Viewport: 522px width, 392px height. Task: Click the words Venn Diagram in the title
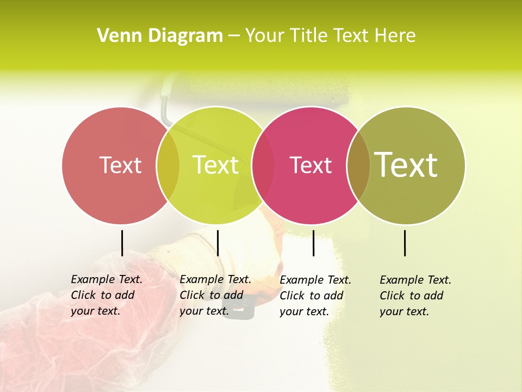[x=160, y=36]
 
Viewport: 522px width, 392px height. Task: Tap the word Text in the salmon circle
[x=120, y=165]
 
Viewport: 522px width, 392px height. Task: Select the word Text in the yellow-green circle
[x=215, y=165]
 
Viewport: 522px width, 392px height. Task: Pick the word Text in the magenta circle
[x=310, y=165]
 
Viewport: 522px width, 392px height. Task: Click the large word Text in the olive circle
[x=406, y=164]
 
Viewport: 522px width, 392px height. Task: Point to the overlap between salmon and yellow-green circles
[x=168, y=165]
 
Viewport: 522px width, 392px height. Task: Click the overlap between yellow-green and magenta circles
[x=263, y=165]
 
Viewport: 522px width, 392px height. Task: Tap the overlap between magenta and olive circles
[x=358, y=165]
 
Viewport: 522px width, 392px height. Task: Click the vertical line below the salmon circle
[x=122, y=243]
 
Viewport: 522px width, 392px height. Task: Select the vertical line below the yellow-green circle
[x=217, y=243]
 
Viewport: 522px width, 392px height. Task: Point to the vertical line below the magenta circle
[x=313, y=243]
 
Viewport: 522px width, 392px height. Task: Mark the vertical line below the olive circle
[x=405, y=243]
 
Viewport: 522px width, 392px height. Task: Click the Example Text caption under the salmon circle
[x=107, y=295]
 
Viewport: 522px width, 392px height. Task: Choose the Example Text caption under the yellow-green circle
[x=215, y=295]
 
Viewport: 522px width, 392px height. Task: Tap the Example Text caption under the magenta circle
[x=315, y=296]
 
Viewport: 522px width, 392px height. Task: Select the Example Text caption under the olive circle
[x=415, y=296]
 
